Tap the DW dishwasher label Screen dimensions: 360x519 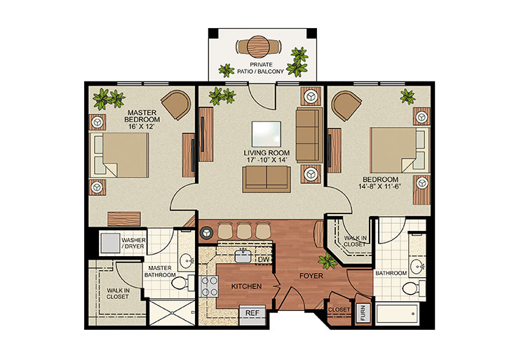click(x=264, y=260)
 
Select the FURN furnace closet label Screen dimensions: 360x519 click(x=363, y=312)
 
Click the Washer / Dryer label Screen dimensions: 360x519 click(x=133, y=244)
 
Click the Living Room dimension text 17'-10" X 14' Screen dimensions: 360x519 click(x=267, y=159)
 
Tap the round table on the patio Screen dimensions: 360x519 click(x=259, y=46)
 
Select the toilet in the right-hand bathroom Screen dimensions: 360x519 click(x=410, y=288)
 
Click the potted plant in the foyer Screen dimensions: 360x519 click(x=326, y=262)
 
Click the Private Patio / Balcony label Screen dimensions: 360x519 click(x=260, y=68)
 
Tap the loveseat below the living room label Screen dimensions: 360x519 click(x=265, y=180)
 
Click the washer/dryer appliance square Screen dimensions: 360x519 click(x=109, y=242)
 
